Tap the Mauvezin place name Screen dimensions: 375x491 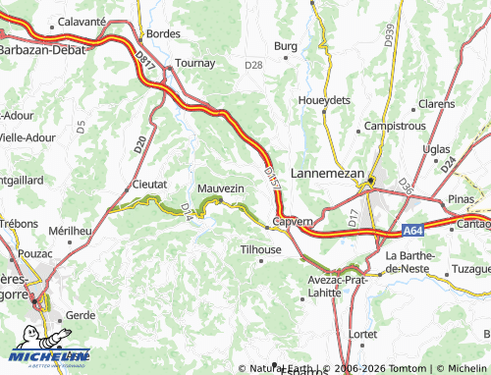pos(220,187)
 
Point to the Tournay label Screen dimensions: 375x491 pos(194,63)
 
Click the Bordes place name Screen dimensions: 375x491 pos(163,33)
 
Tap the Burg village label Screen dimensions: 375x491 pos(285,46)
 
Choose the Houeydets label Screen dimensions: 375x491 pos(324,100)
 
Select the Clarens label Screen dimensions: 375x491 pos(436,103)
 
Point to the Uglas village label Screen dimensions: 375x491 pos(436,148)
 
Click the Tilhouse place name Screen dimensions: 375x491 pos(261,249)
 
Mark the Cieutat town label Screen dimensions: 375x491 pos(149,184)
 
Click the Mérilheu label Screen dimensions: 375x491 pos(70,230)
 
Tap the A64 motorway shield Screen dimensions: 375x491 pos(413,231)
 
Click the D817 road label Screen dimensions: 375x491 pos(147,63)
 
